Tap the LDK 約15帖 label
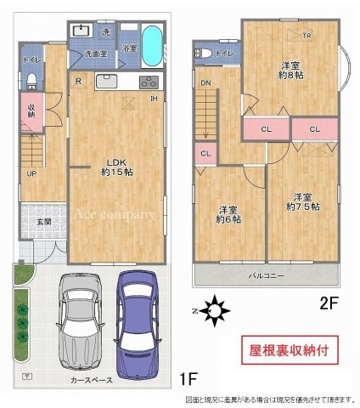click(117, 167)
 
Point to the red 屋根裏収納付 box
click(291, 349)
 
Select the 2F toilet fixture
click(204, 54)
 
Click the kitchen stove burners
click(147, 82)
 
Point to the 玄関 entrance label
click(43, 222)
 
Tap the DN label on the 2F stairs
click(205, 82)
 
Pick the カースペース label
click(92, 381)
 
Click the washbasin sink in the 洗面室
click(83, 31)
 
